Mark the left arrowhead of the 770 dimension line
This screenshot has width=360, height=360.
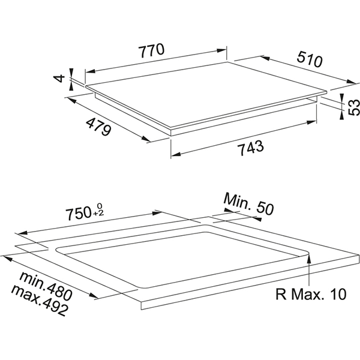(x=88, y=71)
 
